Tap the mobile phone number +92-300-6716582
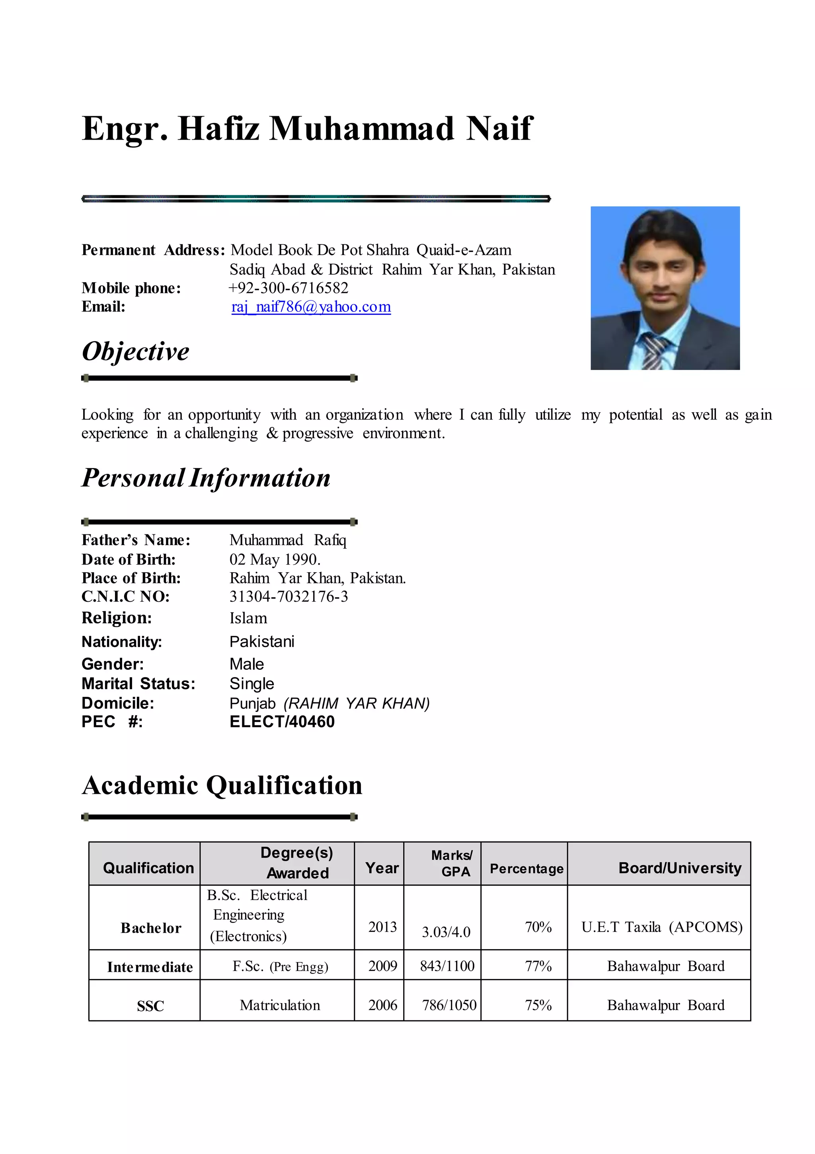(288, 288)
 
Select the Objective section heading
(135, 351)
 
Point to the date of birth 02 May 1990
(275, 559)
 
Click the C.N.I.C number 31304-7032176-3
(289, 596)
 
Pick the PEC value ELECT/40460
(282, 722)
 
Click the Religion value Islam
(248, 618)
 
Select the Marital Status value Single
(252, 684)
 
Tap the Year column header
(382, 868)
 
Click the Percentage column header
(526, 869)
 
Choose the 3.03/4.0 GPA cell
(446, 932)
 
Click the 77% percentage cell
(538, 966)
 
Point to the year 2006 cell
(382, 1005)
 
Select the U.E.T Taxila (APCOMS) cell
(662, 927)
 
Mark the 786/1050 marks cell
(449, 1005)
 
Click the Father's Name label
(136, 540)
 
